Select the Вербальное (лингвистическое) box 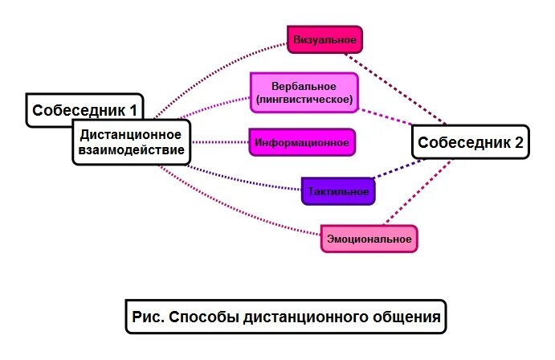tap(303, 92)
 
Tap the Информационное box tap(301, 143)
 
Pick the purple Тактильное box tap(338, 191)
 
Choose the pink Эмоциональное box tap(369, 239)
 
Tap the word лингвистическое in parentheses tap(303, 100)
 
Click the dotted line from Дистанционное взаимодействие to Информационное tap(219, 142)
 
